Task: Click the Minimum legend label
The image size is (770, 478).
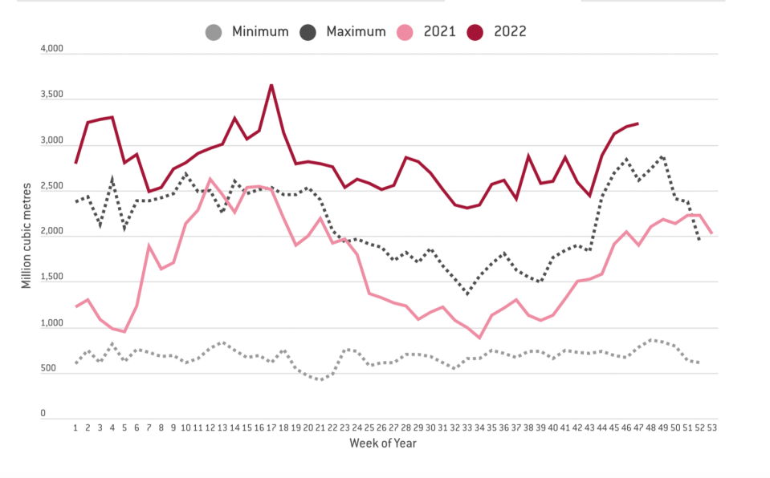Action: pos(260,32)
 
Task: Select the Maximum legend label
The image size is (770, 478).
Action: pos(356,32)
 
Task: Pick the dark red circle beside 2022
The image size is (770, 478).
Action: pos(476,32)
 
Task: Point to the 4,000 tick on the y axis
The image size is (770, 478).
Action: pos(51,50)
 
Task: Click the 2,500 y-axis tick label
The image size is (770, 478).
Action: pos(51,187)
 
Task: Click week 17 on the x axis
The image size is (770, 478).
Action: pos(271,427)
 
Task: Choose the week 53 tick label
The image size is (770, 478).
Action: pos(711,427)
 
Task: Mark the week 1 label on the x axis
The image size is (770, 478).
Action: pos(75,427)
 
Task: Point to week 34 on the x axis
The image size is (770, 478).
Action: pos(479,427)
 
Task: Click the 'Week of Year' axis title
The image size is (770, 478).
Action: pos(383,444)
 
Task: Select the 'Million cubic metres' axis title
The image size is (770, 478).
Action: pos(26,233)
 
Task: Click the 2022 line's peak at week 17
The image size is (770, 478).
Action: pos(271,85)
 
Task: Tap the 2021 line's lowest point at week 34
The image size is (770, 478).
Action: pos(479,338)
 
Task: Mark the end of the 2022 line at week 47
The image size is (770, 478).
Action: pos(638,124)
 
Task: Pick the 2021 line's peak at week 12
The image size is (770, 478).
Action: pos(210,179)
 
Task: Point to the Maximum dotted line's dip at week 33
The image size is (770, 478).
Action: pos(467,294)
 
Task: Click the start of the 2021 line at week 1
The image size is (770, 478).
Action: pos(75,306)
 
